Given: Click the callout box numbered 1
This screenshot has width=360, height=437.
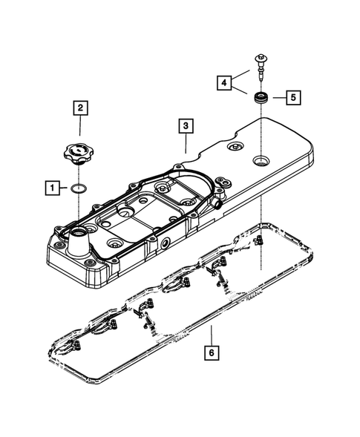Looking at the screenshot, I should [53, 188].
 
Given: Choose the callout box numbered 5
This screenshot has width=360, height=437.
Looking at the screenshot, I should [294, 96].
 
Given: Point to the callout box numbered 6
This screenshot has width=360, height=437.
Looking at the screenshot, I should [212, 355].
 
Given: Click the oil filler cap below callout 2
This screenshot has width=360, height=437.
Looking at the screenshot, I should [76, 157].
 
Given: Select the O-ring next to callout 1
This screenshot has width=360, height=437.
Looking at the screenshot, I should [77, 188].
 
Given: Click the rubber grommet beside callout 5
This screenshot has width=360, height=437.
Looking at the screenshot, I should [261, 96].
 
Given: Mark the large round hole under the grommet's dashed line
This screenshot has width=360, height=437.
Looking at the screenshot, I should [261, 160].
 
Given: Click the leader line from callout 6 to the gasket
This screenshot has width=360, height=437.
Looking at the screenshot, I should [212, 335].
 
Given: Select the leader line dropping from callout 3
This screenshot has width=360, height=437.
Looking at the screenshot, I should [186, 143].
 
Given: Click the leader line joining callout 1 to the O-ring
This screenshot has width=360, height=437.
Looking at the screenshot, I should [65, 188].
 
